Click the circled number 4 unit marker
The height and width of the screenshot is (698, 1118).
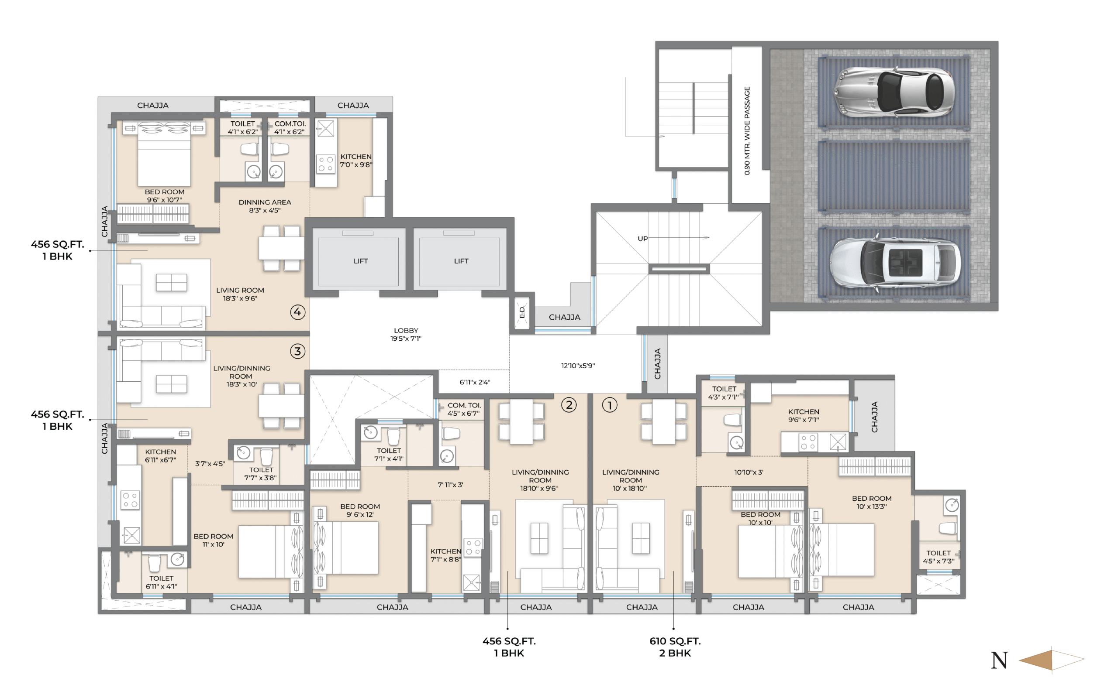[297, 312]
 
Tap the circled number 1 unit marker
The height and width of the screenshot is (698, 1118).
[609, 405]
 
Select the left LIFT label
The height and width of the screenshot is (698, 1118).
[361, 261]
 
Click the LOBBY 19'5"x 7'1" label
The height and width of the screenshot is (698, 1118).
[406, 334]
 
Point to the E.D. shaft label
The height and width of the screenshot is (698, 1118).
[522, 312]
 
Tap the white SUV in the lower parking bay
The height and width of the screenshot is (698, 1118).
[895, 263]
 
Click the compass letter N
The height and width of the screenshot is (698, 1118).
[999, 660]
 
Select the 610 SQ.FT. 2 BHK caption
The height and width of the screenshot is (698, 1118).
[675, 647]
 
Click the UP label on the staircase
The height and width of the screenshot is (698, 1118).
[642, 239]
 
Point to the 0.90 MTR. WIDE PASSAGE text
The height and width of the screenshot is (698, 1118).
[747, 130]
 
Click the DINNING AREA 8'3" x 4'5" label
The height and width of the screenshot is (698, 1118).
[265, 206]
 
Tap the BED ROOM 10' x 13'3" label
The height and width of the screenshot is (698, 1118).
[872, 502]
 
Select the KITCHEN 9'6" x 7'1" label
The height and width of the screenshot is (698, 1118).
[804, 415]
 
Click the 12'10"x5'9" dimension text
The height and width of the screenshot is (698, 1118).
[578, 366]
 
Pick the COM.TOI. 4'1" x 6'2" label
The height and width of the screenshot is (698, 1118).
[290, 127]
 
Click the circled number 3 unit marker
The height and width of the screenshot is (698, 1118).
[297, 351]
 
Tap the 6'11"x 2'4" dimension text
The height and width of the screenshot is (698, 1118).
[474, 382]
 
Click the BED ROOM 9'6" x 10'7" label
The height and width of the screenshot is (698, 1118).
[165, 196]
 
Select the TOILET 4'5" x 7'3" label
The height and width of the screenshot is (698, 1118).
[938, 557]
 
